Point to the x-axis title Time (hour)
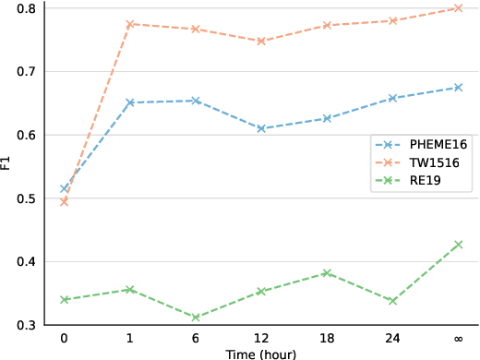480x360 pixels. coord(261,353)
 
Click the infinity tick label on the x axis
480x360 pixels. coord(459,338)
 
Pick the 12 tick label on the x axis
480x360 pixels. coord(261,338)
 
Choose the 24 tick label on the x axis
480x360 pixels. coord(393,338)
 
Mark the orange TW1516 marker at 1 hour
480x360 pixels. coord(130,24)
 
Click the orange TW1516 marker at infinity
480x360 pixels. coord(459,8)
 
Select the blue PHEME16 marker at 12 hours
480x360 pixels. coord(261,128)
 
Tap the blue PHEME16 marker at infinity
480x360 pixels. coord(459,88)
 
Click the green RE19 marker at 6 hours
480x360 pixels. coord(196,317)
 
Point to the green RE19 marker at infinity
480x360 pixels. coord(459,245)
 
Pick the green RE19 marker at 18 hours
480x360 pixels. coord(328,273)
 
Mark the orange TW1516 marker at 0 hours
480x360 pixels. coord(64,201)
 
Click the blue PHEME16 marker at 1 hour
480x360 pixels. coord(130,102)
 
